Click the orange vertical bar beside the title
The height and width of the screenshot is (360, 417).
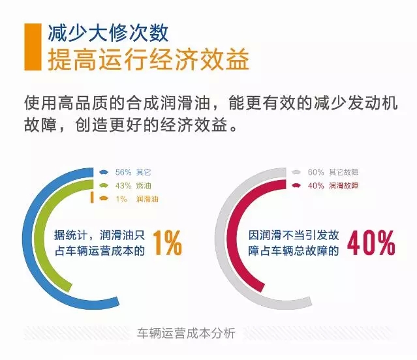[33, 47]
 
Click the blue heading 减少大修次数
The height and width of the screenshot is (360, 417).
[108, 33]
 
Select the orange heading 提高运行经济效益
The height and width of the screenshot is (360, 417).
[148, 59]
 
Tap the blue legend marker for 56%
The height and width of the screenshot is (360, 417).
[104, 172]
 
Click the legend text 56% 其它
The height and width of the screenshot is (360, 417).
[133, 172]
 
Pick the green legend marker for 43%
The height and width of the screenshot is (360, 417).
[104, 185]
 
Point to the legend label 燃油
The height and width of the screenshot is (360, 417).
[144, 185]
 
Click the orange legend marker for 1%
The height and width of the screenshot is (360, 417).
[104, 198]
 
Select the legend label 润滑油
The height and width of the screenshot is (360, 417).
[147, 199]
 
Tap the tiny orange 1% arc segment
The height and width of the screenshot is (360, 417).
[92, 198]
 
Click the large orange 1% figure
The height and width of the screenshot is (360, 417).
[168, 243]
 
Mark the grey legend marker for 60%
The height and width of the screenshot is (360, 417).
[296, 172]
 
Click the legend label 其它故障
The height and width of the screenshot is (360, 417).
[344, 172]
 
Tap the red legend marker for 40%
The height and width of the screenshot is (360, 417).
[296, 185]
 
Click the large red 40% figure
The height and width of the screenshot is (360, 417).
[371, 243]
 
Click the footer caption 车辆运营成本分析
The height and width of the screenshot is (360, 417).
[186, 333]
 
